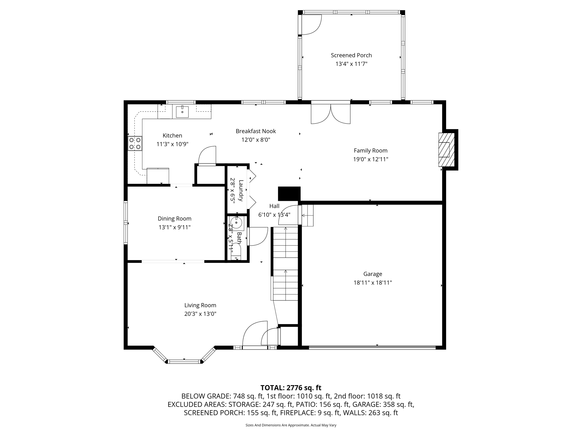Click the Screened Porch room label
pyautogui.click(x=351, y=55)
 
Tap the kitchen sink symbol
pyautogui.click(x=182, y=112)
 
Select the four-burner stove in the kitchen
pyautogui.click(x=135, y=143)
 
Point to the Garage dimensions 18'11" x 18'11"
pyautogui.click(x=373, y=283)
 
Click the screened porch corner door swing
pyautogui.click(x=311, y=24)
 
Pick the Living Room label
pyautogui.click(x=200, y=305)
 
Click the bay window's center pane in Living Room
pyautogui.click(x=184, y=362)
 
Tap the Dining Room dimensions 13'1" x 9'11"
pyautogui.click(x=174, y=227)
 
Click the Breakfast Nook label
pyautogui.click(x=255, y=131)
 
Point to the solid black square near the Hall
pyautogui.click(x=289, y=194)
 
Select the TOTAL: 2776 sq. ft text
pyautogui.click(x=291, y=387)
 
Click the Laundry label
pyautogui.click(x=241, y=191)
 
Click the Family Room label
pyautogui.click(x=370, y=151)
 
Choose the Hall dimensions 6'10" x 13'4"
pyautogui.click(x=274, y=215)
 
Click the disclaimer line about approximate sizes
pyautogui.click(x=291, y=425)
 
